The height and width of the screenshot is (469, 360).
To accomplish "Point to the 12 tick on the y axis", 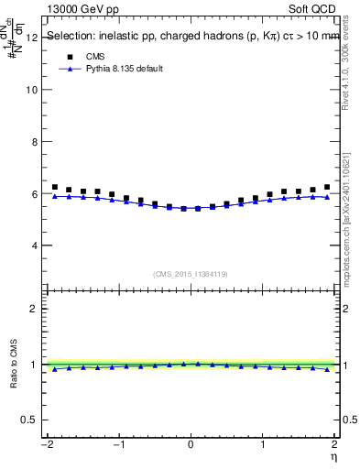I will pyautogui.click(x=31, y=38).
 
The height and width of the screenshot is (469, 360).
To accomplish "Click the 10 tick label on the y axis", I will pyautogui.click(x=31, y=90).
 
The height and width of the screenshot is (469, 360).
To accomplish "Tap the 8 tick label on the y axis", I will pyautogui.click(x=34, y=142).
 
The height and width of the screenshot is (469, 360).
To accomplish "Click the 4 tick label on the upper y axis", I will pyautogui.click(x=34, y=246).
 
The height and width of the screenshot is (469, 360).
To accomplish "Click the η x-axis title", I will pyautogui.click(x=335, y=455).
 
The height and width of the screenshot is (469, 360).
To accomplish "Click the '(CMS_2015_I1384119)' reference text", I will pyautogui.click(x=191, y=274).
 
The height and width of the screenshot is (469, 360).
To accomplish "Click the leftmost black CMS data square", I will pyautogui.click(x=55, y=187).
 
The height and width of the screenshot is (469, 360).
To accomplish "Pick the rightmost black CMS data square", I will pyautogui.click(x=327, y=187).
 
